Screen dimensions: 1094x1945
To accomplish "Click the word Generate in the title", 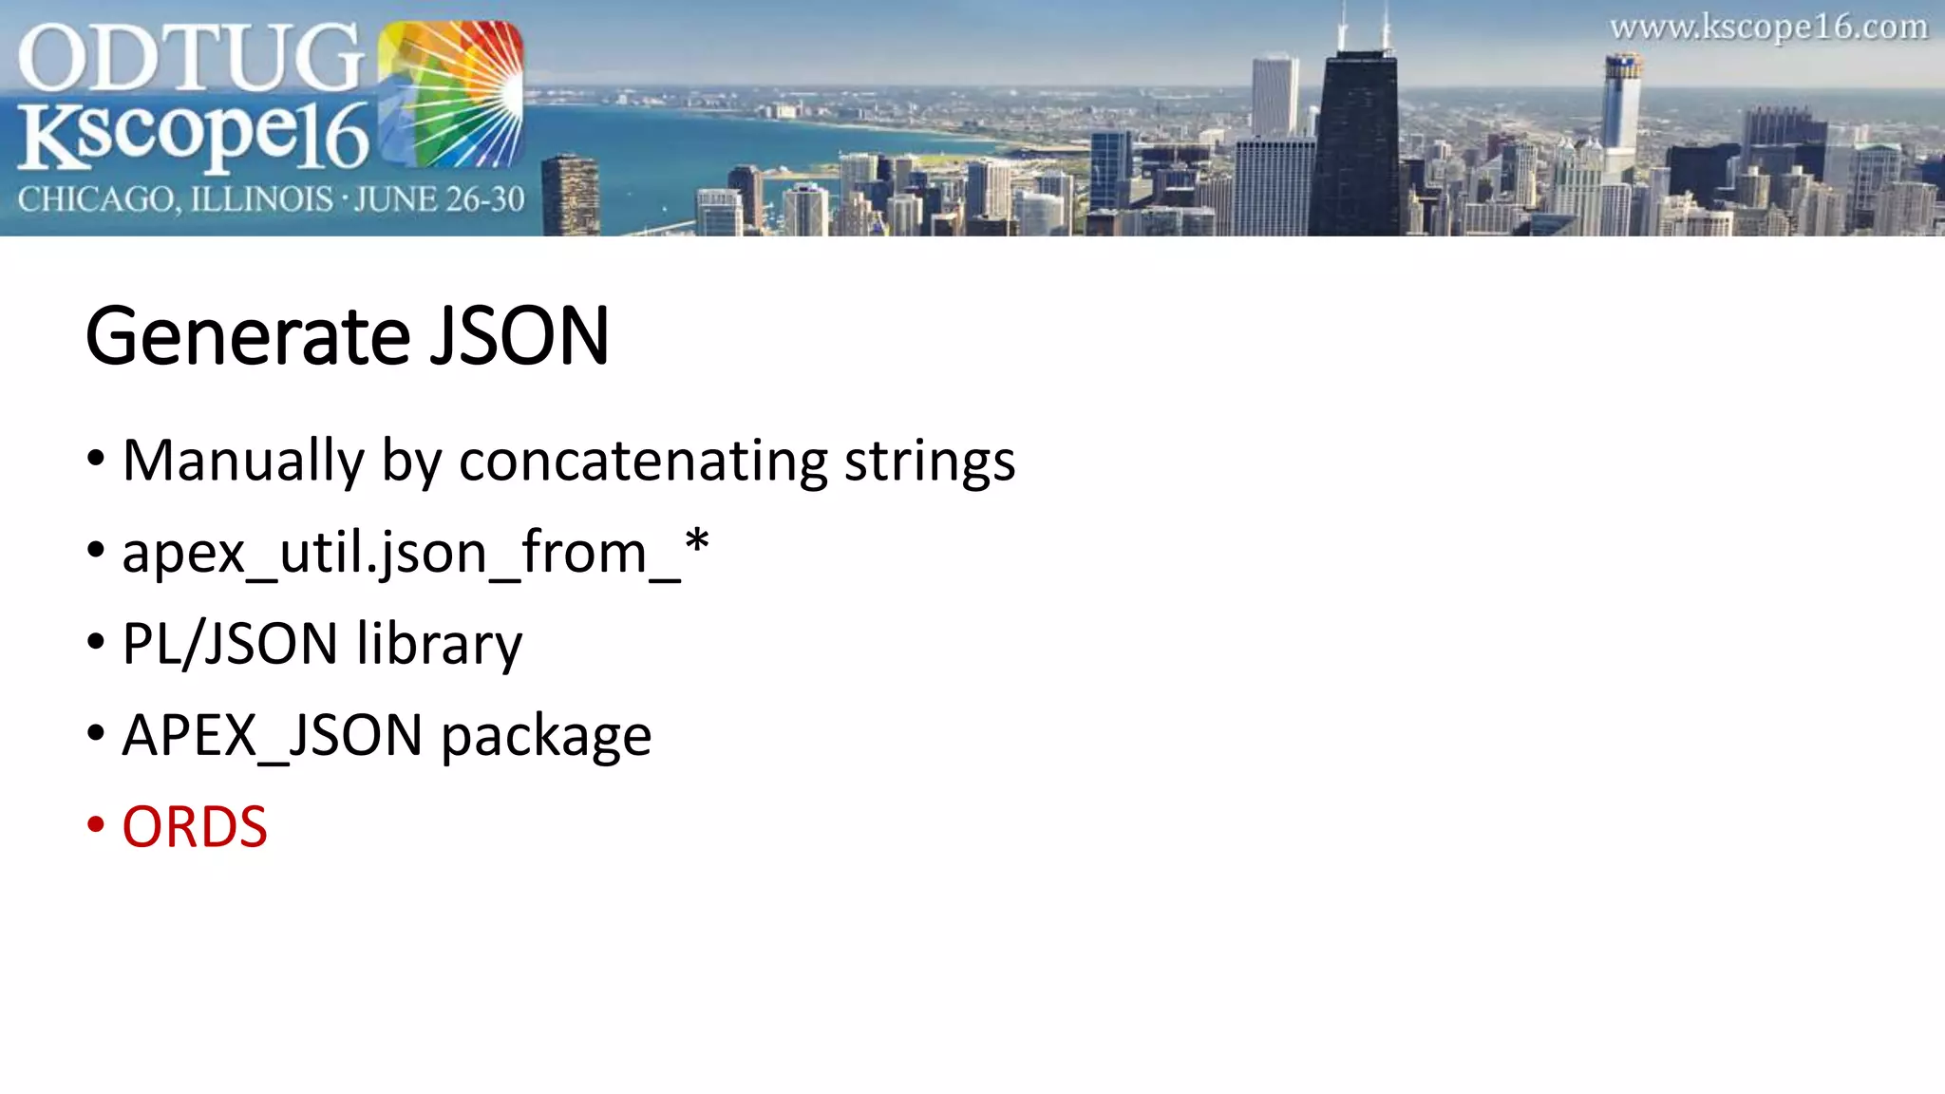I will point(247,336).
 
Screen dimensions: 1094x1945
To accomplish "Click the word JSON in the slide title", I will point(519,336).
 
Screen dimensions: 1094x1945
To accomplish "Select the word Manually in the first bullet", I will point(243,462).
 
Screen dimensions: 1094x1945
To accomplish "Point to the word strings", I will point(930,462).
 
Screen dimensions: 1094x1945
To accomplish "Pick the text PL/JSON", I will point(230,644).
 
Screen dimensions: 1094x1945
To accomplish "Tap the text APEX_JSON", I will point(272,736).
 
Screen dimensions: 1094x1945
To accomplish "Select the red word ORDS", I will point(195,827).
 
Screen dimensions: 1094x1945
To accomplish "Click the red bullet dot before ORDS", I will point(95,824).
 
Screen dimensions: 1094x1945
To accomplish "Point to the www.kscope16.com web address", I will point(1768,28).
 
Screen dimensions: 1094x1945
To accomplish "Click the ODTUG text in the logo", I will point(190,59).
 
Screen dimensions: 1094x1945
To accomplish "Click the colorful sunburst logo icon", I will point(450,95).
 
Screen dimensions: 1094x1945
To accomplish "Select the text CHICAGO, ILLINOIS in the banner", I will point(175,200).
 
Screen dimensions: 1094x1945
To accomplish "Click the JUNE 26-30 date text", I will point(440,199).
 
